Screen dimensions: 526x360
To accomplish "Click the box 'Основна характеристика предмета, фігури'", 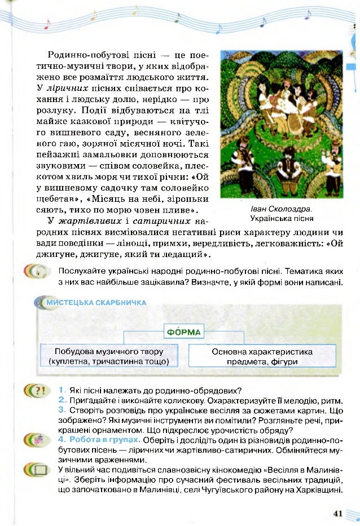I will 262,356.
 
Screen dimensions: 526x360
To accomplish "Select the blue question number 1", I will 60,390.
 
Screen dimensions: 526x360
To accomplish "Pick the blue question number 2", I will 62,399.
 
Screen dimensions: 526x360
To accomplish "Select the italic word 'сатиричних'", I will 168,220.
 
